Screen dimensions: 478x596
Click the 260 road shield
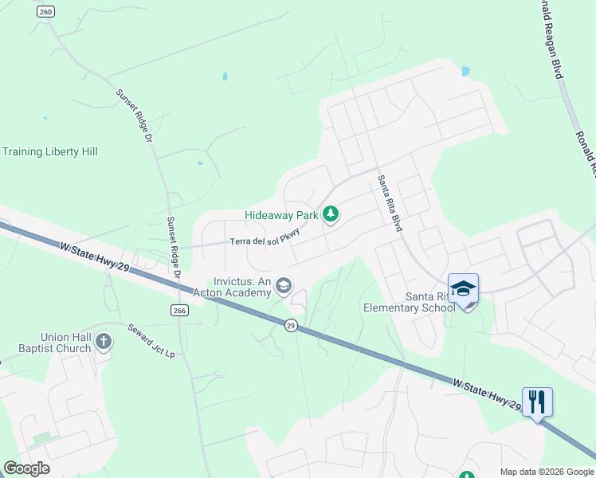[45, 11]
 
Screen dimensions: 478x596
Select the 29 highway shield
[291, 325]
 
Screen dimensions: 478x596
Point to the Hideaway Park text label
[281, 215]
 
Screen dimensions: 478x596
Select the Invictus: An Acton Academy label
[243, 287]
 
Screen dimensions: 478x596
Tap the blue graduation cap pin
[463, 288]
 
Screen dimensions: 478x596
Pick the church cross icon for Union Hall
[103, 343]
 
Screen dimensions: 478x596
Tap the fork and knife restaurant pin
[537, 402]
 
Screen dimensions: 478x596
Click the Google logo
[26, 468]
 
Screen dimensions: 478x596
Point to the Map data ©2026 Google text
[547, 472]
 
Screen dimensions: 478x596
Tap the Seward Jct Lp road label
[151, 340]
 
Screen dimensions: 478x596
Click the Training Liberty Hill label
[49, 151]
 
